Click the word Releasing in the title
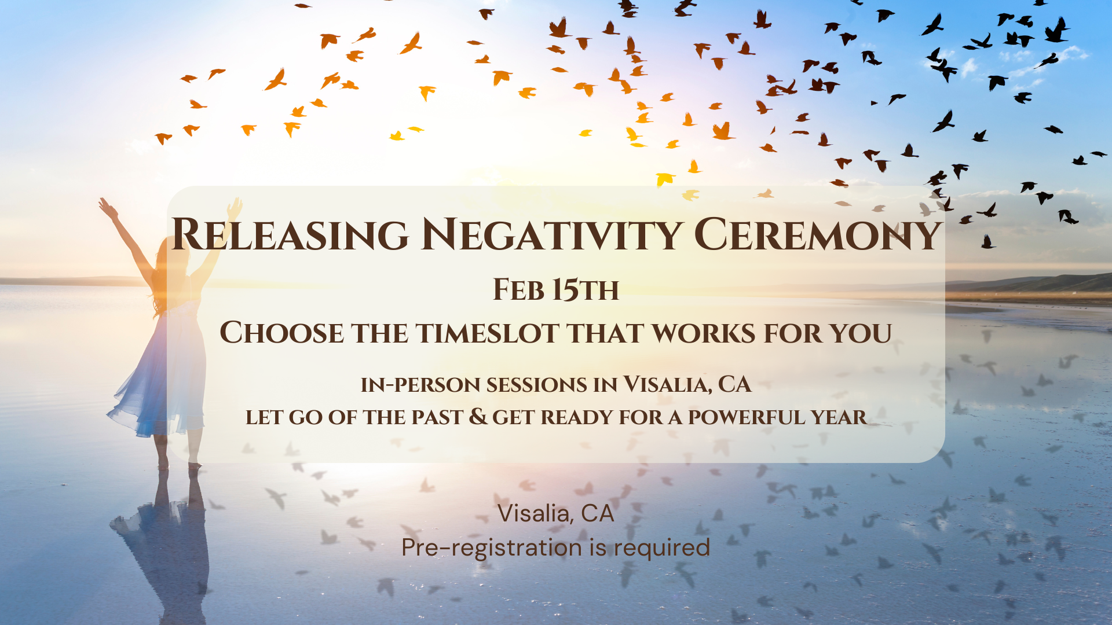pos(290,234)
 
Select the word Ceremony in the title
pos(817,234)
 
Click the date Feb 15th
pos(556,289)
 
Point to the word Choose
pos(281,333)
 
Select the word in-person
pos(420,385)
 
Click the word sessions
pos(537,385)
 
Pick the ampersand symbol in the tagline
pos(478,417)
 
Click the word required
pos(662,547)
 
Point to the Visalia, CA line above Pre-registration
pos(556,513)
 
